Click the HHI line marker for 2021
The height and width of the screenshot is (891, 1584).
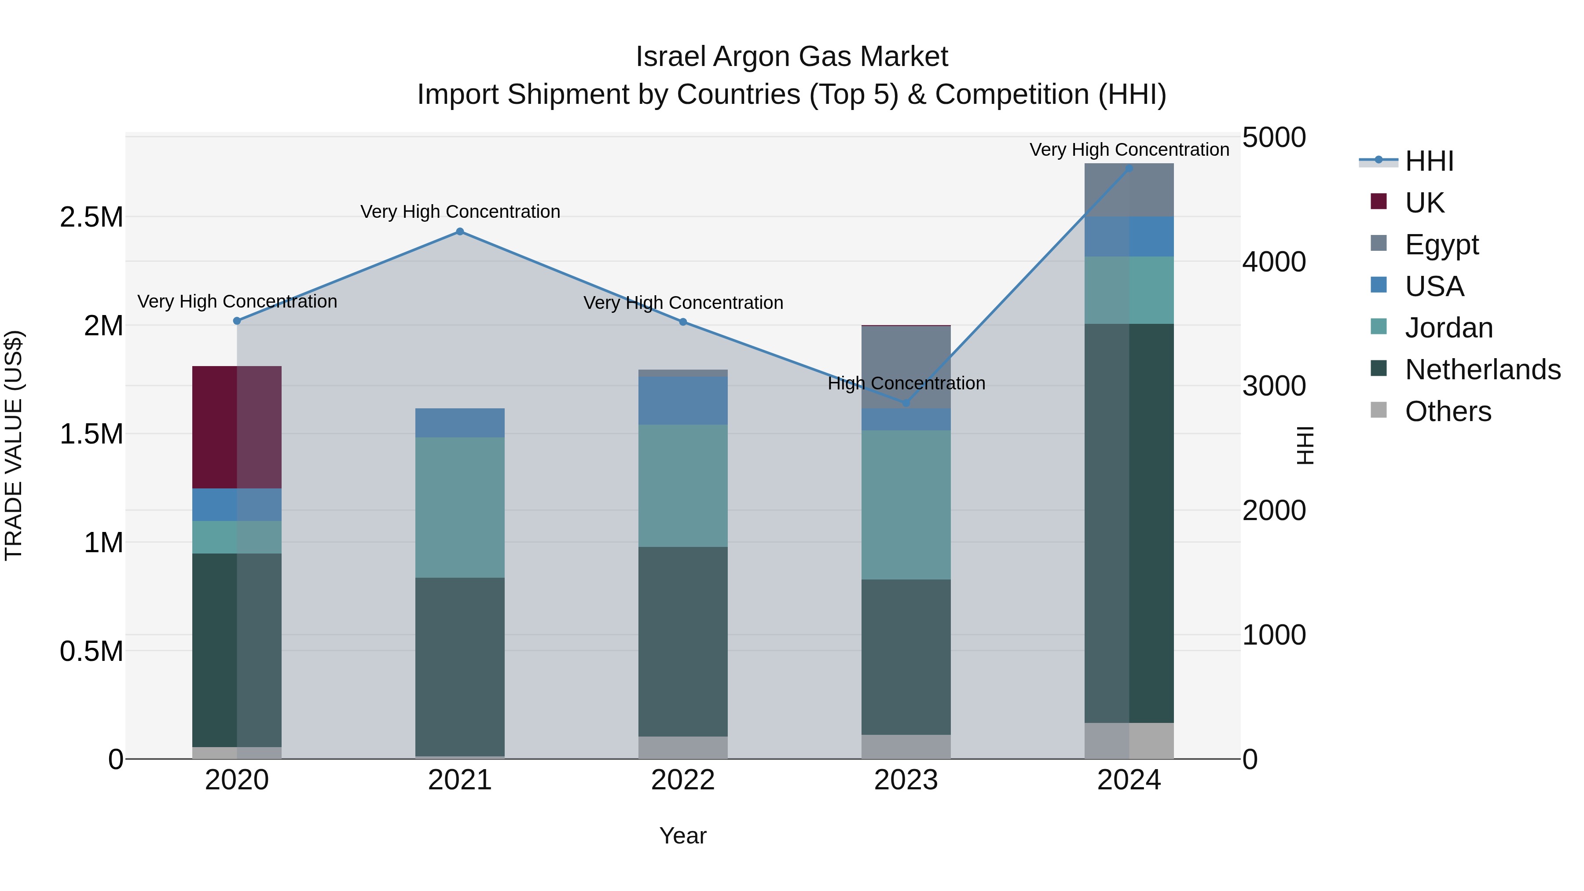click(460, 232)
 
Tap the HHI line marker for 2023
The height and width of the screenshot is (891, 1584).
click(906, 403)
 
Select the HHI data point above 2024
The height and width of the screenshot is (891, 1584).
click(1129, 169)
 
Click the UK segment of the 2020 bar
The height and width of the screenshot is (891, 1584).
click(237, 427)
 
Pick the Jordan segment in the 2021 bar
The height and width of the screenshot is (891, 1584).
click(460, 507)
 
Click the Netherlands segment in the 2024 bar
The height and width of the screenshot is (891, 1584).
click(1129, 523)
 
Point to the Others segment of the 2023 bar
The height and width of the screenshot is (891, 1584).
click(906, 747)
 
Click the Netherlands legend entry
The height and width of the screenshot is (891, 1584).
click(1482, 370)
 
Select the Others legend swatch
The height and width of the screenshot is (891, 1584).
click(1379, 410)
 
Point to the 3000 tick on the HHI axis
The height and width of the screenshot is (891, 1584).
click(1273, 386)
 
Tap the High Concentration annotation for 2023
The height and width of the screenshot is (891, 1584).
click(906, 383)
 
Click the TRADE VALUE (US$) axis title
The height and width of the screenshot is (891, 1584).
click(14, 445)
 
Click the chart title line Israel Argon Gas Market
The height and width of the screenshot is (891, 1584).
click(792, 57)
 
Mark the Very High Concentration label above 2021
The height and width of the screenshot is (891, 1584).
click(460, 212)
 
